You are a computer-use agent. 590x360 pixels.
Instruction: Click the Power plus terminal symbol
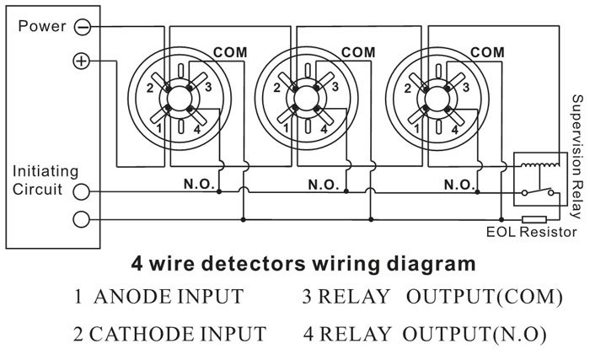pyautogui.click(x=81, y=62)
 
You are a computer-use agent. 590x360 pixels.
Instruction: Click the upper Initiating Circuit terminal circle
pyautogui.click(x=81, y=191)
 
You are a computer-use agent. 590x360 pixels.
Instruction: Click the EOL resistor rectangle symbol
pyautogui.click(x=534, y=219)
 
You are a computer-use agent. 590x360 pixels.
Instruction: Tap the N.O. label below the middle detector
pyautogui.click(x=324, y=184)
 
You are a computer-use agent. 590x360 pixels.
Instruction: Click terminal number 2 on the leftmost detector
pyautogui.click(x=148, y=87)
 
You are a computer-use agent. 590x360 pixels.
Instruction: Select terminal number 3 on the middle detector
pyautogui.click(x=335, y=87)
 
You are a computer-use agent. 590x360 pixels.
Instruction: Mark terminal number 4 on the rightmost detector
pyautogui.click(x=456, y=129)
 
